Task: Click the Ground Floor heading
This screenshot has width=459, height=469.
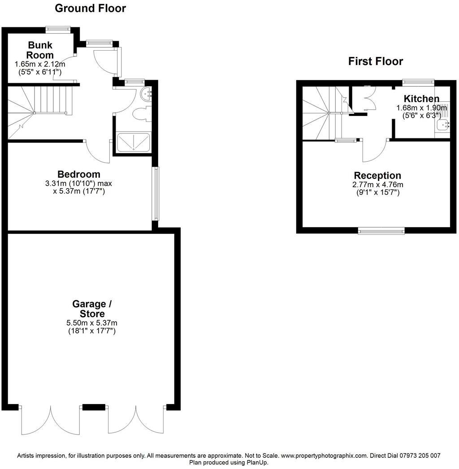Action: (90, 9)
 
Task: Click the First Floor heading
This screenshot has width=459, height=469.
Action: (376, 61)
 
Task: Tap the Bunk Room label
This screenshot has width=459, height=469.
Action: (40, 50)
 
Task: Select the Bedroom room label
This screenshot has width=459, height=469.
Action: (79, 174)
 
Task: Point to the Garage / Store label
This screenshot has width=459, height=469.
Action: (92, 309)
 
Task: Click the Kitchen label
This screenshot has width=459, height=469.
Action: (422, 99)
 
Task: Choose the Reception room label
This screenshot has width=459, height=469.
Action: (377, 175)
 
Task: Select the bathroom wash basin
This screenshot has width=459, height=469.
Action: (146, 94)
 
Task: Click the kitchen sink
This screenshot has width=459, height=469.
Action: (443, 125)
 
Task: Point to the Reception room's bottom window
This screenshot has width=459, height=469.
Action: (381, 230)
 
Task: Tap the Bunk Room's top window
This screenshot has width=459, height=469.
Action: (58, 29)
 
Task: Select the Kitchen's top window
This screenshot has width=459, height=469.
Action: (418, 82)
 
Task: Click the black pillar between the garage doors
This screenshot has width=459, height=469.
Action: (94, 407)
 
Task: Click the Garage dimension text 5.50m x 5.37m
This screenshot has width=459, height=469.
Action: (92, 323)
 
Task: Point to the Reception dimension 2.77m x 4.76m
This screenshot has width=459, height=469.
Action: (377, 185)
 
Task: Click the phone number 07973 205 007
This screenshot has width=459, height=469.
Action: (420, 456)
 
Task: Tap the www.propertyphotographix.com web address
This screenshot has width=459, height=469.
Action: (324, 456)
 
